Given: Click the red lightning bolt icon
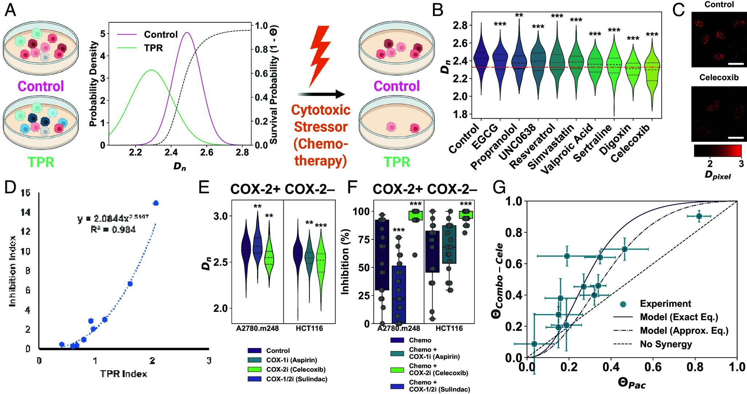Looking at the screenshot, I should pos(320,55).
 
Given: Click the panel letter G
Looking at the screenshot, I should pos(500,188).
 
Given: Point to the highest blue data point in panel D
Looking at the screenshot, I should pos(156,203).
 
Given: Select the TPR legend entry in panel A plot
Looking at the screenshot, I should pos(153,48).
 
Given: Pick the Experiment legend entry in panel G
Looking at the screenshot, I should pos(665,304).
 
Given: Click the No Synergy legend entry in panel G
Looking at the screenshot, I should pos(666,344).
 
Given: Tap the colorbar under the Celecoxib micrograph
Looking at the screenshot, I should pos(717,151).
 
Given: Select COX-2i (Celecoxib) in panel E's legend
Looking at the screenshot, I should pos(295,370).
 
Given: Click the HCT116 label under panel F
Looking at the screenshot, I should pos(449,329).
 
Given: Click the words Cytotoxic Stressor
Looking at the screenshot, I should pos(321,119).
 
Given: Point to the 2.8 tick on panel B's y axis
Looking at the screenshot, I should pos(460,25).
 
